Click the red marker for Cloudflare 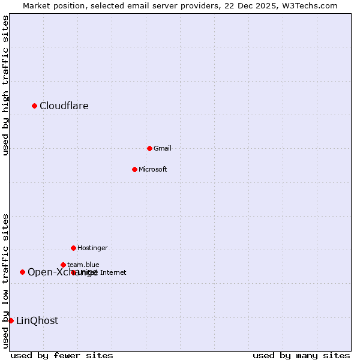tap(34, 106)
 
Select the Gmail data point tap(149, 148)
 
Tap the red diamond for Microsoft tap(134, 169)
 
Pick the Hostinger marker tap(73, 248)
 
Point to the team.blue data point tap(63, 265)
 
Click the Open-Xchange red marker tap(22, 272)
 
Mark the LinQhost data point tap(11, 320)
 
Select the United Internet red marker tap(73, 272)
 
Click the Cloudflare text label tap(64, 106)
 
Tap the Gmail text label tap(163, 148)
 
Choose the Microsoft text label tap(152, 169)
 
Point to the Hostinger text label tap(92, 248)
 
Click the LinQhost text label tap(37, 321)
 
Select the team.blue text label tap(83, 265)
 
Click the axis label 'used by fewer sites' tap(62, 355)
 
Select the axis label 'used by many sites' tap(301, 355)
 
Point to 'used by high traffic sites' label tap(5, 85)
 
